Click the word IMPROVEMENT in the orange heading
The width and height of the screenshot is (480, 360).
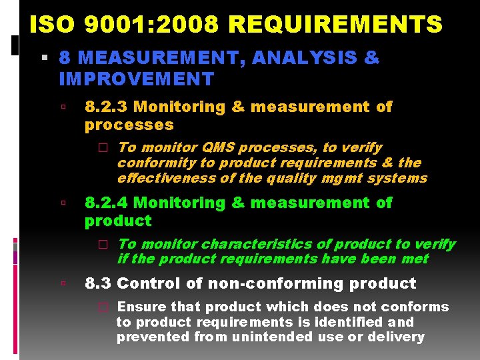[136, 79]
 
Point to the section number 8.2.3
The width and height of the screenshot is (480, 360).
[106, 107]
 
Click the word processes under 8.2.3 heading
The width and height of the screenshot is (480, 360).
[129, 125]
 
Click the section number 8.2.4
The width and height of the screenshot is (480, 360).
[106, 203]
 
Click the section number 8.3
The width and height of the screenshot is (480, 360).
[97, 283]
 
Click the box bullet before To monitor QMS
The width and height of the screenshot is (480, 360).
[103, 147]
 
